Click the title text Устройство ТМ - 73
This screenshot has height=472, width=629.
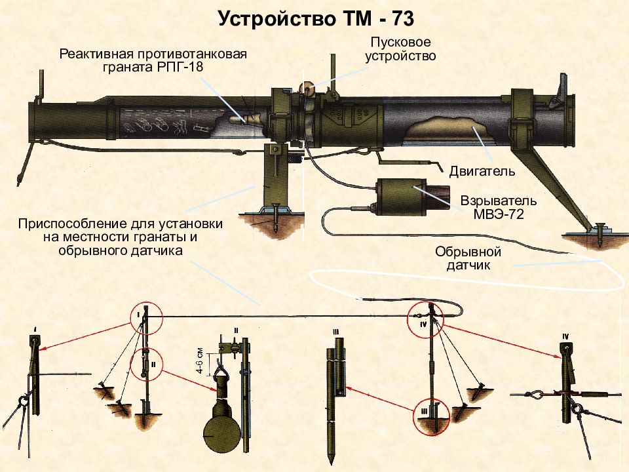pos(316,19)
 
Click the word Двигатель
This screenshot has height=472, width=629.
pos(482,171)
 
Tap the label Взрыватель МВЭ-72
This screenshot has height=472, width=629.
pos(499,207)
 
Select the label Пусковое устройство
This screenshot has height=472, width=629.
pos(400,49)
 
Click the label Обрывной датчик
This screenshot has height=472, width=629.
pos(468,258)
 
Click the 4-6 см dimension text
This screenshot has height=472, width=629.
pos(200,361)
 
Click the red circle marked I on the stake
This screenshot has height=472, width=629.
pos(146,318)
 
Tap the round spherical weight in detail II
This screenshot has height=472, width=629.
pos(222,434)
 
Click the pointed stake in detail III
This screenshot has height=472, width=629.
pos(335,401)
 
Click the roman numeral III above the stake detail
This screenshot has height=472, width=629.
pos(335,332)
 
